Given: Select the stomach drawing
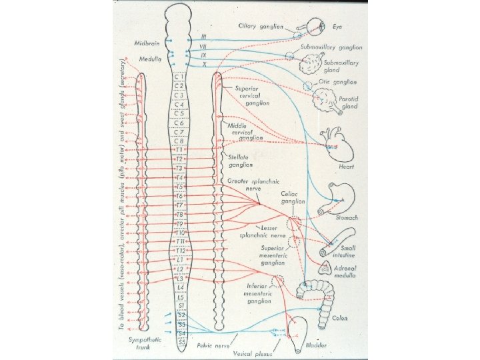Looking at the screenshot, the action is (339, 199).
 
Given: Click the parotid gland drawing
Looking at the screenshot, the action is (325, 102).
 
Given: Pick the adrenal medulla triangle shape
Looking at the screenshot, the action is (324, 267).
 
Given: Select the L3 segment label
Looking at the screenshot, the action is (179, 277).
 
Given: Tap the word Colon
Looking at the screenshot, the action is (342, 317).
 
